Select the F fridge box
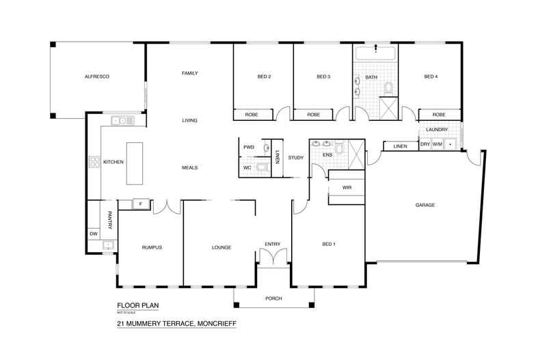(x=140, y=204)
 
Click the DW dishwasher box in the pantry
(x=93, y=234)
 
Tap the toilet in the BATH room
(x=388, y=88)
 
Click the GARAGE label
(x=425, y=205)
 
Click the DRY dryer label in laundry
(x=424, y=144)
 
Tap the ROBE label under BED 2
(x=252, y=115)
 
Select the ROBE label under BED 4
(x=438, y=115)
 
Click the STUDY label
(x=295, y=158)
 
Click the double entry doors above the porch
(x=273, y=257)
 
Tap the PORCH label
(x=273, y=299)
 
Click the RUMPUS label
(x=150, y=247)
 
